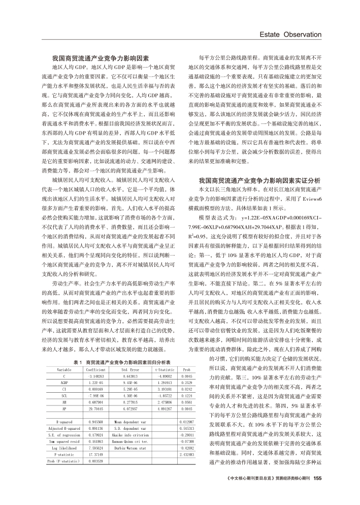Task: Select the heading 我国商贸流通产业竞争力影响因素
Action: pos(101,58)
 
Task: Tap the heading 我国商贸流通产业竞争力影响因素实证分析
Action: pos(259,180)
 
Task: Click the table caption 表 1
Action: pos(78,362)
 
